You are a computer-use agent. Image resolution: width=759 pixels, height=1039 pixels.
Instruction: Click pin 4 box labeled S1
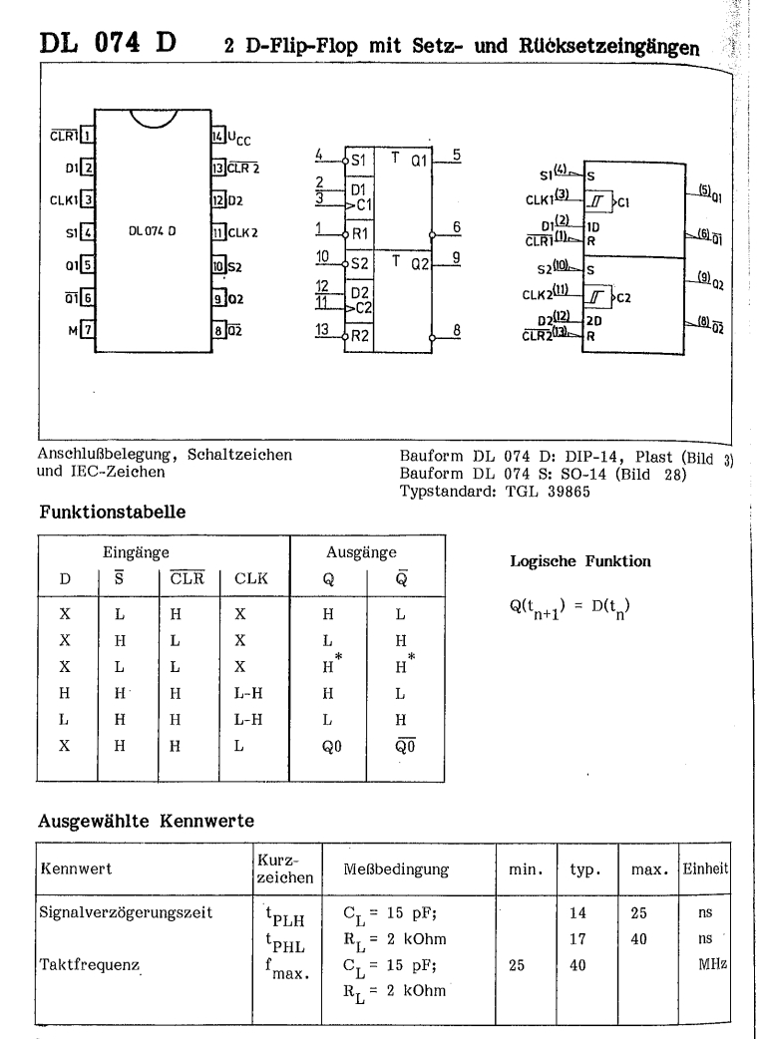(x=87, y=232)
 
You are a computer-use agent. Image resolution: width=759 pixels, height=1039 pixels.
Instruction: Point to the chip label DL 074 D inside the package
(x=152, y=230)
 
